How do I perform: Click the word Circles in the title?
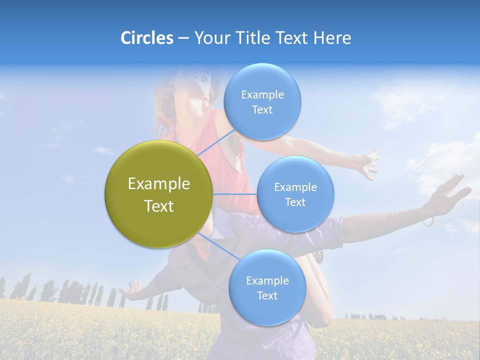[146, 38]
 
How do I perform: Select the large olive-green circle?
[159, 194]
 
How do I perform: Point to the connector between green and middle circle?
[235, 194]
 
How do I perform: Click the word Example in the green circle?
[159, 183]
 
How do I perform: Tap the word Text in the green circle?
[159, 206]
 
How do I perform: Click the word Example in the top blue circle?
[262, 94]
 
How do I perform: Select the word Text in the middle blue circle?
[295, 202]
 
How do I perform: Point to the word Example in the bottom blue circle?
[267, 280]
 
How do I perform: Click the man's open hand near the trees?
[132, 290]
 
